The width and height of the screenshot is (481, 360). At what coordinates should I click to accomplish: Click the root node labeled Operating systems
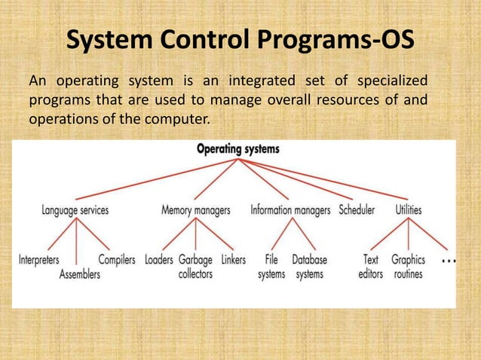click(x=237, y=149)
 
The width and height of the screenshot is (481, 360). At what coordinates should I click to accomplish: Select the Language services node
click(x=75, y=210)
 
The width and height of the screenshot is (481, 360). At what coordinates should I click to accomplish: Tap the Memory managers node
click(x=196, y=210)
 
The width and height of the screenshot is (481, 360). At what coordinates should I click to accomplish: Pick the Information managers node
click(x=290, y=210)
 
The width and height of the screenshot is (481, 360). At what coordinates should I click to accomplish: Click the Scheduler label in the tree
click(x=357, y=210)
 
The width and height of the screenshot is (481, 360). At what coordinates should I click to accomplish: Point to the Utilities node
click(x=409, y=210)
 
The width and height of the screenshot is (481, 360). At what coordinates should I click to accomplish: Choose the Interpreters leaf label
click(x=39, y=260)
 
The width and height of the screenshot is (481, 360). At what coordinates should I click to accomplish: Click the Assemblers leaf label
click(x=80, y=275)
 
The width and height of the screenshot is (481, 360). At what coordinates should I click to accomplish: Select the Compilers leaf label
click(x=117, y=260)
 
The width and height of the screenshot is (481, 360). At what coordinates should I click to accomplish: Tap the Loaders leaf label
click(x=158, y=260)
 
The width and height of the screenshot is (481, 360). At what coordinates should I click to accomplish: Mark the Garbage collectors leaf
click(x=195, y=267)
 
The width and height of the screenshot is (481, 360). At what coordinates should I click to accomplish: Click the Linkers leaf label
click(x=233, y=260)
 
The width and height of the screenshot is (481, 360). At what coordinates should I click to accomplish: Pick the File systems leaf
click(x=271, y=267)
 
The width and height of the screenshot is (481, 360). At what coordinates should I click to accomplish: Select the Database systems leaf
click(x=309, y=267)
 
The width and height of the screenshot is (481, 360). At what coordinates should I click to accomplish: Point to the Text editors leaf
click(x=371, y=267)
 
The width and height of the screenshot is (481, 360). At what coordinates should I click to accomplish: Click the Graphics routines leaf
click(x=408, y=267)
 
